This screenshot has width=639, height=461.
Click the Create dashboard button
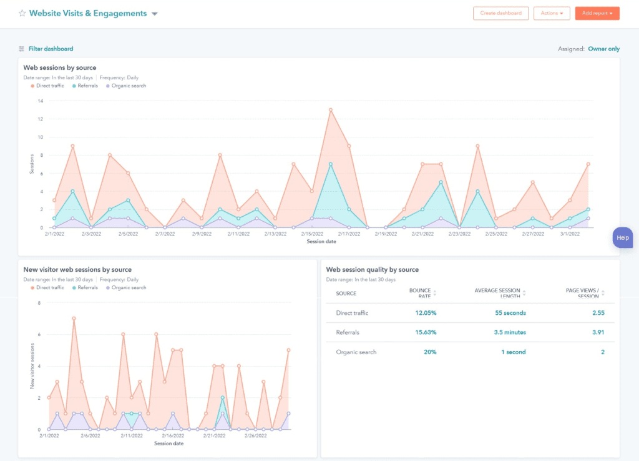pyautogui.click(x=500, y=13)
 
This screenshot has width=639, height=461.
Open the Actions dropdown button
pyautogui.click(x=552, y=13)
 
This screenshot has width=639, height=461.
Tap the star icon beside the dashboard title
pyautogui.click(x=22, y=13)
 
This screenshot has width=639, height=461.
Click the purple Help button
pyautogui.click(x=623, y=238)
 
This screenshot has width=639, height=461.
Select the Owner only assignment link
pyautogui.click(x=603, y=49)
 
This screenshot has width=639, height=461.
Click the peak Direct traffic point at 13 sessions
pyautogui.click(x=330, y=110)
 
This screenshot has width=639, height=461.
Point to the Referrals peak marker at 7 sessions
pyautogui.click(x=330, y=164)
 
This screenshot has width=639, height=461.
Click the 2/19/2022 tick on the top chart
pyautogui.click(x=386, y=234)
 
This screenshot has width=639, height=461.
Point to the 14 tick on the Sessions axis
pyautogui.click(x=41, y=101)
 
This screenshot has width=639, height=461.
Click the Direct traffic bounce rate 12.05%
pyautogui.click(x=426, y=313)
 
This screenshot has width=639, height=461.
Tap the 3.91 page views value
pyautogui.click(x=598, y=332)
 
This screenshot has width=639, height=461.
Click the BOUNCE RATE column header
pyautogui.click(x=421, y=293)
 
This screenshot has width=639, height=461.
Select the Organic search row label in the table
pyautogui.click(x=356, y=352)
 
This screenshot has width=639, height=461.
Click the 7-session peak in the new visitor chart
pyautogui.click(x=74, y=318)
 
